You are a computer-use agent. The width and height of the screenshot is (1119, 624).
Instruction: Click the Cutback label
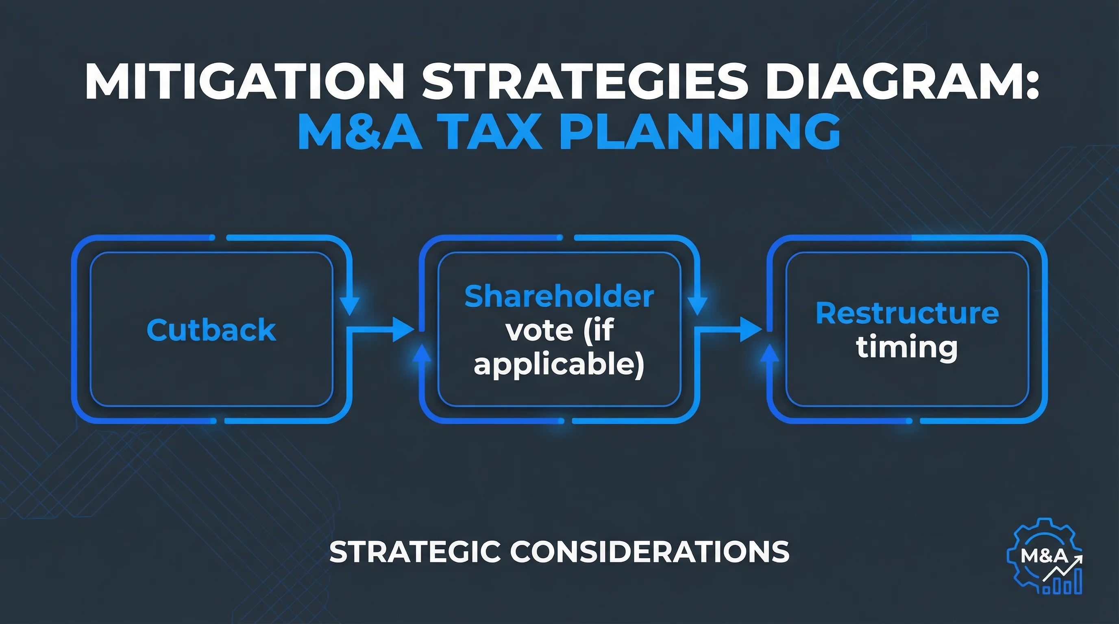(211, 330)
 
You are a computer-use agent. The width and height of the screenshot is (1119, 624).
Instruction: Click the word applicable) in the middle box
(559, 364)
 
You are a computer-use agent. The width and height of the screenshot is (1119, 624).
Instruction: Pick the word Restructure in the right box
(907, 313)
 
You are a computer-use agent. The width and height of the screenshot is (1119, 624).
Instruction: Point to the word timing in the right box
(907, 347)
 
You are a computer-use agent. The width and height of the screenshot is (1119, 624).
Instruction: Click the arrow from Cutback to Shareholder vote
(382, 329)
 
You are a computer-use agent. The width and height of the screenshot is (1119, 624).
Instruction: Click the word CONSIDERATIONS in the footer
(649, 552)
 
